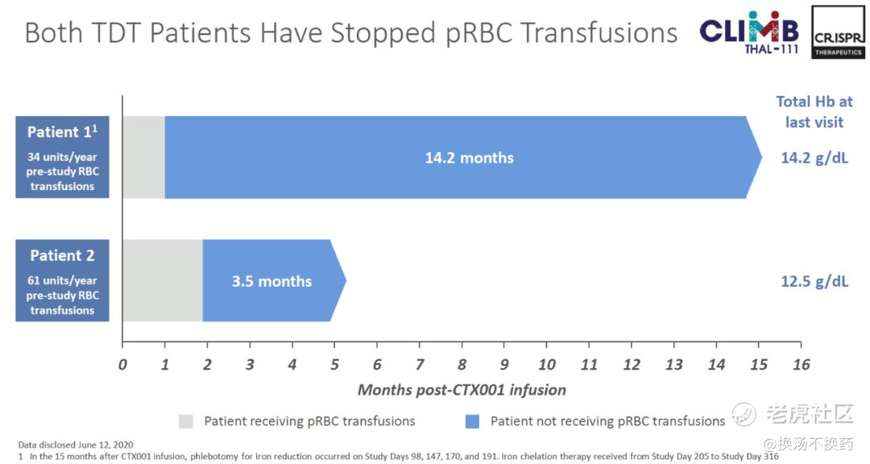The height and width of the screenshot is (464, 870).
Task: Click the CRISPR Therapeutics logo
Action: [x=838, y=32]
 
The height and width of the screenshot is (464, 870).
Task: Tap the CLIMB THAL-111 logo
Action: [x=749, y=32]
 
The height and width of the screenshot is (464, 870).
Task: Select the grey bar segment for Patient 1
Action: [x=143, y=157]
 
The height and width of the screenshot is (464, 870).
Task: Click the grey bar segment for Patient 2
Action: [x=163, y=280]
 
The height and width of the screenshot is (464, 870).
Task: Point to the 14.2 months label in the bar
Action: [x=470, y=158]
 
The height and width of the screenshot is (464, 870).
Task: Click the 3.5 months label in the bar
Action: [x=272, y=281]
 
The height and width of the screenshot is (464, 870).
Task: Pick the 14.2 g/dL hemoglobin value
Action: [x=814, y=158]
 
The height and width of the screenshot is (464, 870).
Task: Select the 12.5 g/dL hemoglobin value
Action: [x=814, y=281]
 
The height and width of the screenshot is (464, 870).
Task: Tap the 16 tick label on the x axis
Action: [x=802, y=365]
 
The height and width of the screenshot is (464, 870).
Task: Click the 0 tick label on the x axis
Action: [x=122, y=365]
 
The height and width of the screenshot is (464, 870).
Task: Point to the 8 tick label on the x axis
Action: [x=462, y=365]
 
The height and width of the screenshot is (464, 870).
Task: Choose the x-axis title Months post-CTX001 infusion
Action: [x=462, y=390]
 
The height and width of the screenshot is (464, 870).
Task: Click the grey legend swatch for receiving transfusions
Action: [x=186, y=421]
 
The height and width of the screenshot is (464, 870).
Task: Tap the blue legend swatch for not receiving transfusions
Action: [x=472, y=421]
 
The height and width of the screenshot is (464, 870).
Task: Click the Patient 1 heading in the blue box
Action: [x=62, y=131]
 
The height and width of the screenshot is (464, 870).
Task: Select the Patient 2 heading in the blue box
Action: [x=62, y=255]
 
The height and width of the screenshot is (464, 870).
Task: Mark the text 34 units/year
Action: [x=62, y=157]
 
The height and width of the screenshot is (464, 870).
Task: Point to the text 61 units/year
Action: [x=62, y=281]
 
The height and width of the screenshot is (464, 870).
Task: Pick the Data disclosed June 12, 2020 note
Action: [x=76, y=445]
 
